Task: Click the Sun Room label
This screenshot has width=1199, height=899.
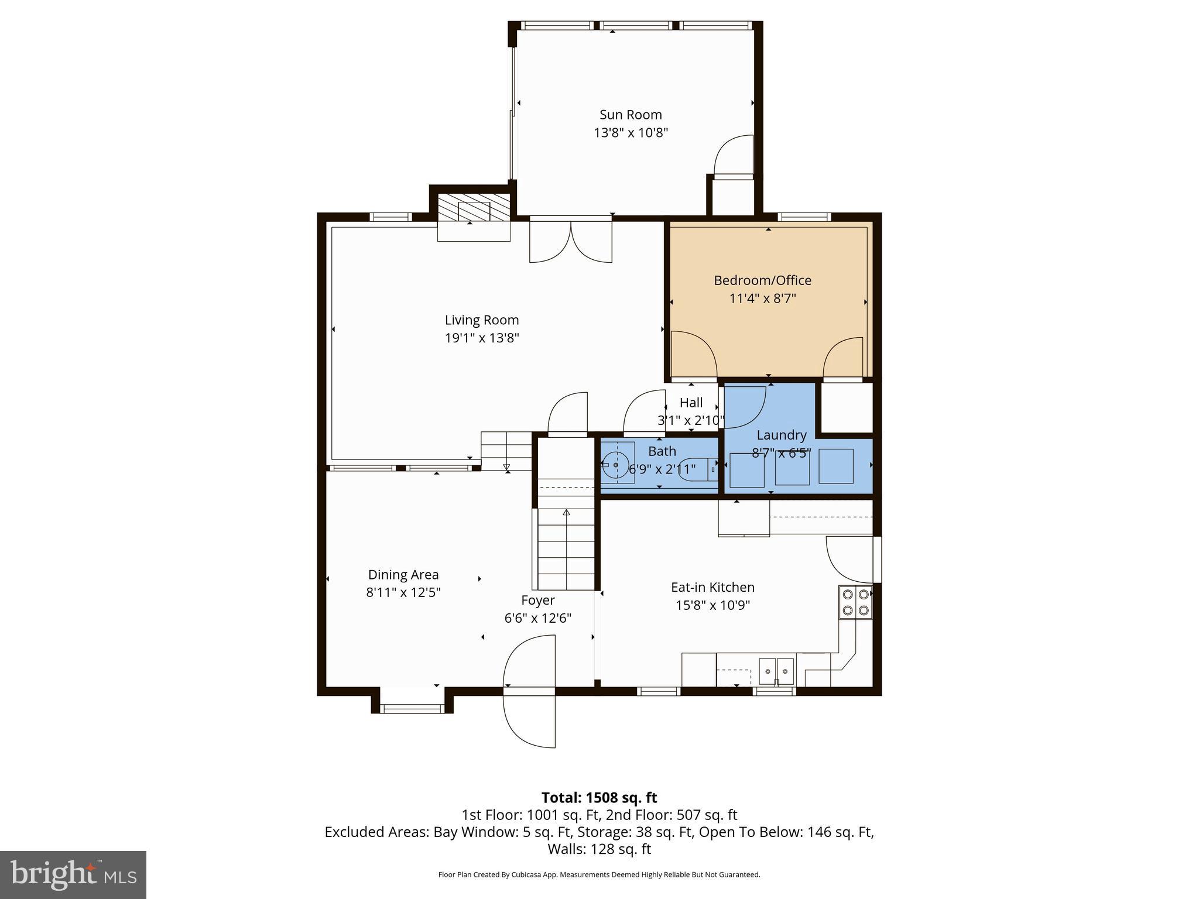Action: click(631, 115)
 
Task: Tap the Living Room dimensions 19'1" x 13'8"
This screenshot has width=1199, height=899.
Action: click(482, 338)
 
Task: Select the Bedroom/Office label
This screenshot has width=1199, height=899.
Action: click(762, 280)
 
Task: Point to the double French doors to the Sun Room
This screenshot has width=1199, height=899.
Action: click(571, 242)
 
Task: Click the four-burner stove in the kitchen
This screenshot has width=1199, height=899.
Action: click(855, 602)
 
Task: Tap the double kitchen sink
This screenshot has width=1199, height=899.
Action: click(776, 671)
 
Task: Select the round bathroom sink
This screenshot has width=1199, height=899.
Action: click(615, 465)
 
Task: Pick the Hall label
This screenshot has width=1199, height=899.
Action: click(691, 403)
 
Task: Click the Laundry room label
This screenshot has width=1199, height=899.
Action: click(781, 435)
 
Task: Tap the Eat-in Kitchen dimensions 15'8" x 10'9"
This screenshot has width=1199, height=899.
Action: click(712, 605)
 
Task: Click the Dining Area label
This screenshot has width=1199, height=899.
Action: click(403, 575)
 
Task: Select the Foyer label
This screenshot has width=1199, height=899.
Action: click(537, 601)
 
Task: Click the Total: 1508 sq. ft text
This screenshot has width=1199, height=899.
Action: click(599, 798)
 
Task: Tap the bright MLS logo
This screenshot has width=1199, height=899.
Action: click(73, 875)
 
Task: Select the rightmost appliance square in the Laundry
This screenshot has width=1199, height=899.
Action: click(835, 466)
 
